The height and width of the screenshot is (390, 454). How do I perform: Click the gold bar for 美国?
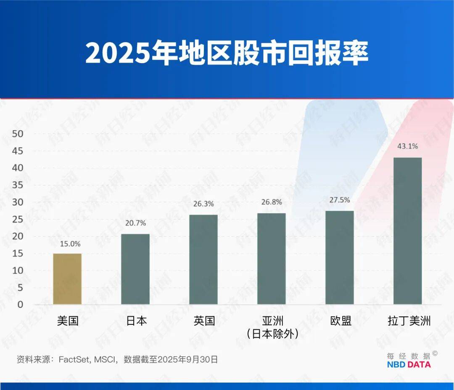67,279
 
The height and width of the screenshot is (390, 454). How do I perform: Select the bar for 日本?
135,269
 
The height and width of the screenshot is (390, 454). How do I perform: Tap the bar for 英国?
203,260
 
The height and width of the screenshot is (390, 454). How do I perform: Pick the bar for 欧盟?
340,257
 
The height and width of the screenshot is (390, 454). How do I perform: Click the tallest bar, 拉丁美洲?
408,231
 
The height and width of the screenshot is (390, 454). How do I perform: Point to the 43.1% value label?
408,146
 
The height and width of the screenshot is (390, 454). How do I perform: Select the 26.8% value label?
272,202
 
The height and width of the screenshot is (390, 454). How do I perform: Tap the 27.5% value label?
340,200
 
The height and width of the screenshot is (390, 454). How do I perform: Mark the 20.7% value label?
135,223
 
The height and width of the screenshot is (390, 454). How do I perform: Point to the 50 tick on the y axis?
18,134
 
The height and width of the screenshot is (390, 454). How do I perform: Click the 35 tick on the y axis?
18,185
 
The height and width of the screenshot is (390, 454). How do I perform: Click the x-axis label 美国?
68,321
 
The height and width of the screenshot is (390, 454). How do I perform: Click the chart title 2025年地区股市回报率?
227,53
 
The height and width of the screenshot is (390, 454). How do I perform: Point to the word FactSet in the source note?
73,359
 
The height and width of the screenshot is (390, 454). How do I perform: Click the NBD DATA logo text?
409,364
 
